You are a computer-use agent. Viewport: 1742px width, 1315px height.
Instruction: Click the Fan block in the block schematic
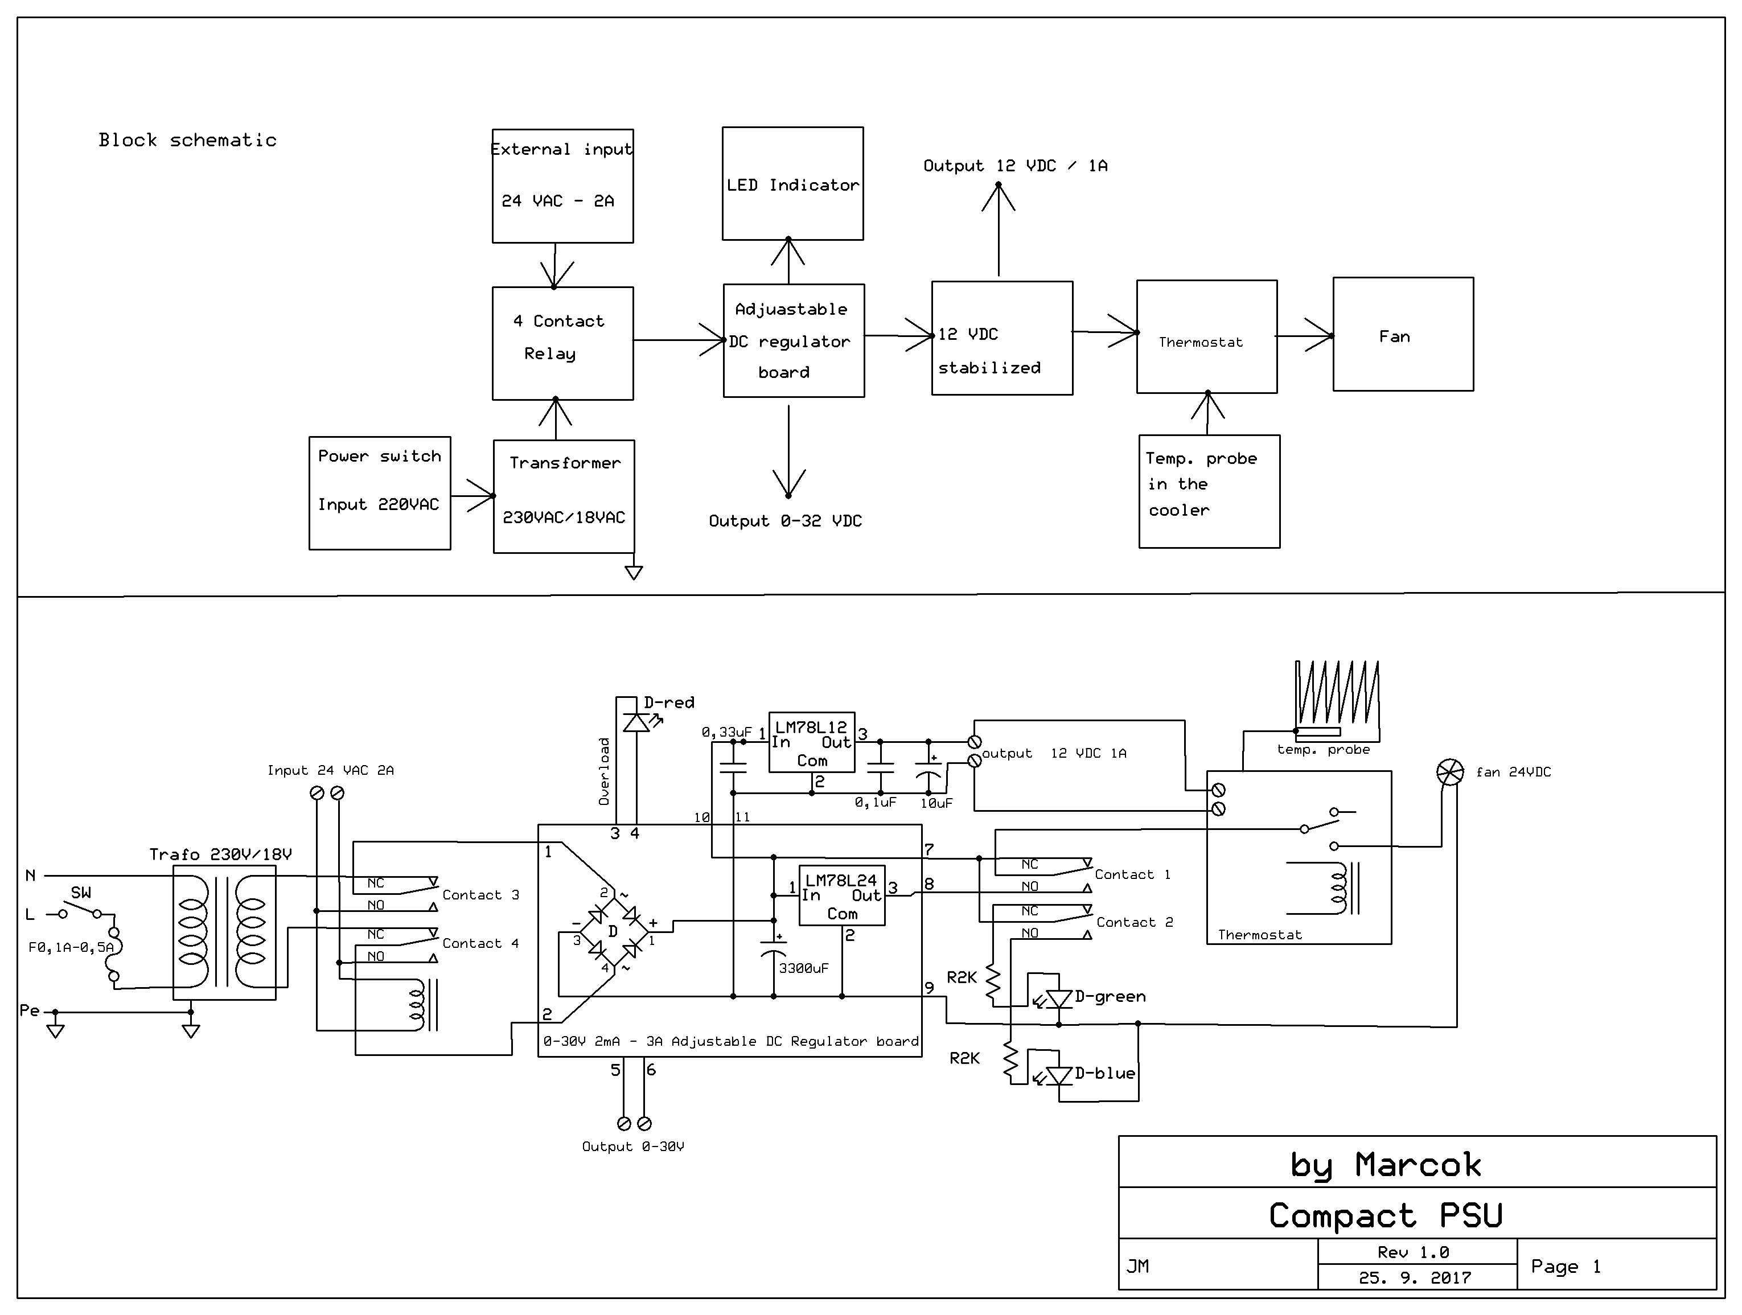tap(1403, 335)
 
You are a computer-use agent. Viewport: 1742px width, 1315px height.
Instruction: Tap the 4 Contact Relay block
tap(562, 343)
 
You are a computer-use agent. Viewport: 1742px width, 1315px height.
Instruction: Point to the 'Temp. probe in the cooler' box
tap(1209, 491)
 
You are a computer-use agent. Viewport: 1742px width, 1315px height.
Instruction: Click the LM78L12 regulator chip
tap(811, 742)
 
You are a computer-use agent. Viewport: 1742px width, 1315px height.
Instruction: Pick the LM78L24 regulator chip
tap(841, 895)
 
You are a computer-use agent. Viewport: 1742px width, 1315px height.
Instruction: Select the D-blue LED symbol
tap(1059, 1075)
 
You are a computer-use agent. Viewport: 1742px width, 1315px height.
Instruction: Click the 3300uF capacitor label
tap(803, 968)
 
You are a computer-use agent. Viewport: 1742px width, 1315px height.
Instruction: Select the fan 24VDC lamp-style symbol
tap(1450, 772)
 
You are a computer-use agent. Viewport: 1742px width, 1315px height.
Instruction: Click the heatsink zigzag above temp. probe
tap(1337, 693)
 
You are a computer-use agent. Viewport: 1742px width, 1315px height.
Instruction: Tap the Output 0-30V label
tap(632, 1146)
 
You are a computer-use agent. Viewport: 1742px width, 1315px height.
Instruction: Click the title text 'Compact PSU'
tap(1385, 1215)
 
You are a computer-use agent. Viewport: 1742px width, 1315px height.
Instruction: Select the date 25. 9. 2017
tap(1415, 1278)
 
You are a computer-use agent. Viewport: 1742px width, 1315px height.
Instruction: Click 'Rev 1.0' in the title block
tap(1413, 1252)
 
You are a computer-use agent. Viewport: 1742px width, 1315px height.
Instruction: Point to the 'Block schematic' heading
tap(187, 140)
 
